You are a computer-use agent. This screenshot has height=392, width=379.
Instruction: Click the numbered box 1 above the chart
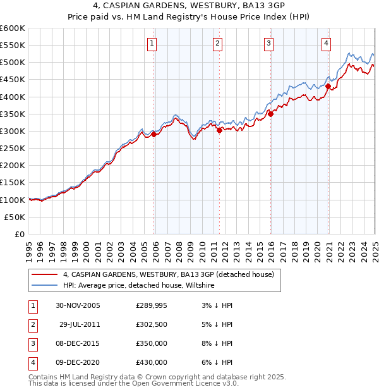[x=153, y=44]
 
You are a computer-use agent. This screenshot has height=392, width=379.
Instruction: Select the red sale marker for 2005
[x=154, y=134]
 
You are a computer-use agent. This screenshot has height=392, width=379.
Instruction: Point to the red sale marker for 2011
[x=219, y=130]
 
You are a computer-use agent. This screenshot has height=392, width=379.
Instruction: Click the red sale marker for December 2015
[x=270, y=114]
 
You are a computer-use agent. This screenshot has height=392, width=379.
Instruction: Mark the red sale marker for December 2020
[x=328, y=87]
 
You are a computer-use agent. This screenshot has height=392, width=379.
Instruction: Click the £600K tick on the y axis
[x=13, y=28]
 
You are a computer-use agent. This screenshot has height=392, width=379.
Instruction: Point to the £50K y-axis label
[x=15, y=217]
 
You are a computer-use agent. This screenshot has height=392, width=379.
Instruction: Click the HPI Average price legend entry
[x=139, y=286]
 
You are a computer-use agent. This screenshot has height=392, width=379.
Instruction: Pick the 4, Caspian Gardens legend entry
[x=168, y=275]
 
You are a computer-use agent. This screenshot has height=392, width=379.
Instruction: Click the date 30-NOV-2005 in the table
[x=78, y=305]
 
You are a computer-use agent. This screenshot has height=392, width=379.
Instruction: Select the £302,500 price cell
[x=152, y=324]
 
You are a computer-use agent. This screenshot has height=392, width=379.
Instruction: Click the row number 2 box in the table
[x=32, y=324]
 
